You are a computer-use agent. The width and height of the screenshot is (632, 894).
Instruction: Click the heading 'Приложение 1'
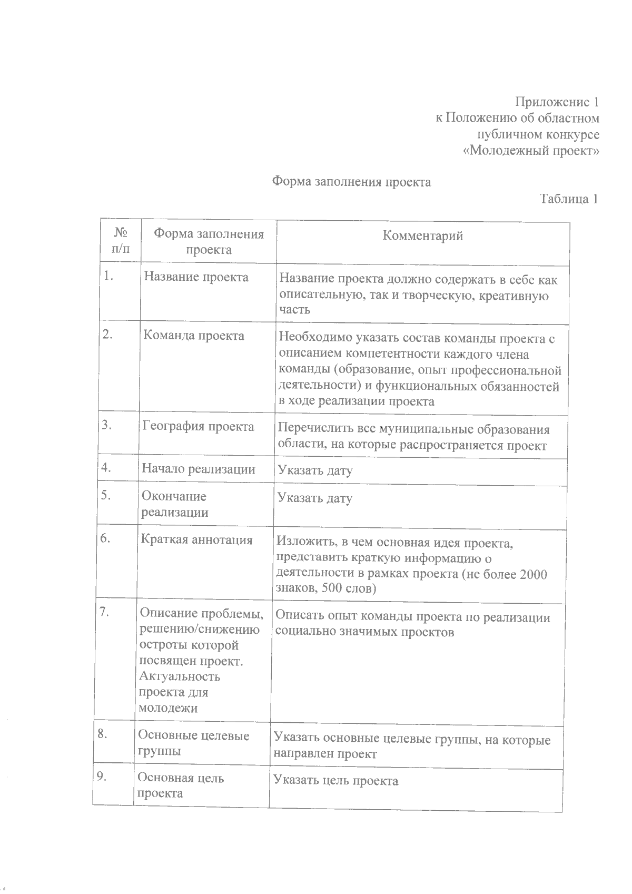[557, 102]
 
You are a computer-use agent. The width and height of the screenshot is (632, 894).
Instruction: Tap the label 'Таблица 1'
[569, 199]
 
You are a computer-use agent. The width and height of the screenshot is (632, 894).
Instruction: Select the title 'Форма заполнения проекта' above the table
[351, 182]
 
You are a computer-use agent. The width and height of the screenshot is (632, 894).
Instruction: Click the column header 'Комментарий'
[423, 235]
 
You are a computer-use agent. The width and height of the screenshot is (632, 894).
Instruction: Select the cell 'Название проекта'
[196, 277]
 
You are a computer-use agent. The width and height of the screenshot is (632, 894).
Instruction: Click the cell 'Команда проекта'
[194, 336]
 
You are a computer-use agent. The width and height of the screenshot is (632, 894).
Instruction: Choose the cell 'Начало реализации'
[199, 469]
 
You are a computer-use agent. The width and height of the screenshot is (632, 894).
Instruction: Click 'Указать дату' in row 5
[314, 498]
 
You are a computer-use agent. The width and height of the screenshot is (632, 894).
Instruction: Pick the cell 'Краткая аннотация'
[196, 540]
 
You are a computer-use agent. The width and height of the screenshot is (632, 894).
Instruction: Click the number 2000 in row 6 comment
[533, 574]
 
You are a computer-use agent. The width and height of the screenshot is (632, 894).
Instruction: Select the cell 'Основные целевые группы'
[193, 743]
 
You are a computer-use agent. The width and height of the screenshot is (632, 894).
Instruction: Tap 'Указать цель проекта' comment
[336, 781]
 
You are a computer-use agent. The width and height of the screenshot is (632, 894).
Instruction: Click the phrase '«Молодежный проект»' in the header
[531, 151]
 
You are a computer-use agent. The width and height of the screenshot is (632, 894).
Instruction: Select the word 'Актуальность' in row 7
[179, 676]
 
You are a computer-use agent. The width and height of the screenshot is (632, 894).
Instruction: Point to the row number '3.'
[107, 425]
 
